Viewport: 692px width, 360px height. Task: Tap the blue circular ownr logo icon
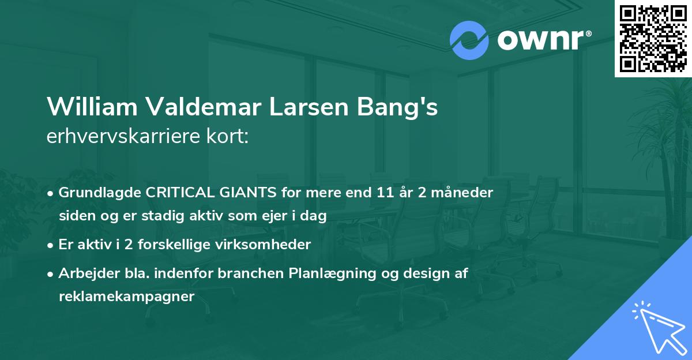pos(469,40)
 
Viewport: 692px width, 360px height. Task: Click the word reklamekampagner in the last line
pos(127,297)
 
